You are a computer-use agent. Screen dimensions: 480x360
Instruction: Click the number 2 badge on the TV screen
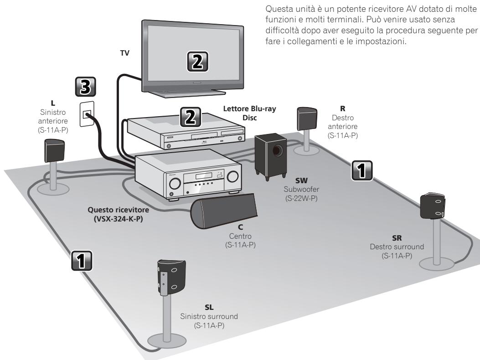point(197,62)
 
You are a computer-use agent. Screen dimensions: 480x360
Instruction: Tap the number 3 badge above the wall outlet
point(85,87)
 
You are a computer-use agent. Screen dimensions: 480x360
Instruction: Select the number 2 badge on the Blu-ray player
point(191,117)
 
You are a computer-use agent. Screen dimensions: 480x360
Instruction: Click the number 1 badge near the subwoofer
point(361,170)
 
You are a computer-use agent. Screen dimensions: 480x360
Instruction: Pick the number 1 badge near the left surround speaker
point(82,261)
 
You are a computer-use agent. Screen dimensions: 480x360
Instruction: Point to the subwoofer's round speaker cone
point(277,150)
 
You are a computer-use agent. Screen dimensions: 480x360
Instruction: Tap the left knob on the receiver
point(175,183)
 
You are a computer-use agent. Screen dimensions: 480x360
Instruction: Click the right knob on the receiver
point(232,176)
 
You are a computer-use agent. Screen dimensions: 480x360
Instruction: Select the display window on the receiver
point(204,176)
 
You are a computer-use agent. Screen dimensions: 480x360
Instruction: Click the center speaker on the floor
point(223,211)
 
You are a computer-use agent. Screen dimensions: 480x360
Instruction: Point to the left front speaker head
point(55,150)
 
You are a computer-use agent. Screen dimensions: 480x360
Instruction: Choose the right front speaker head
point(307,119)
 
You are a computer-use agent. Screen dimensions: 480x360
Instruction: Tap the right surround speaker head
point(432,206)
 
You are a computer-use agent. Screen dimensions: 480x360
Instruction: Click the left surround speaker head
point(171,278)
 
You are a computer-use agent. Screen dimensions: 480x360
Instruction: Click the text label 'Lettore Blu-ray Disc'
point(249,113)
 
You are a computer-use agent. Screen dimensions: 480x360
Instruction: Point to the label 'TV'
point(124,53)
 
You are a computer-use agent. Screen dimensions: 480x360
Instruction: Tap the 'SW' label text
point(301,180)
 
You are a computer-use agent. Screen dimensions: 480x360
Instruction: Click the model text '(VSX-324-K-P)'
point(118,219)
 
